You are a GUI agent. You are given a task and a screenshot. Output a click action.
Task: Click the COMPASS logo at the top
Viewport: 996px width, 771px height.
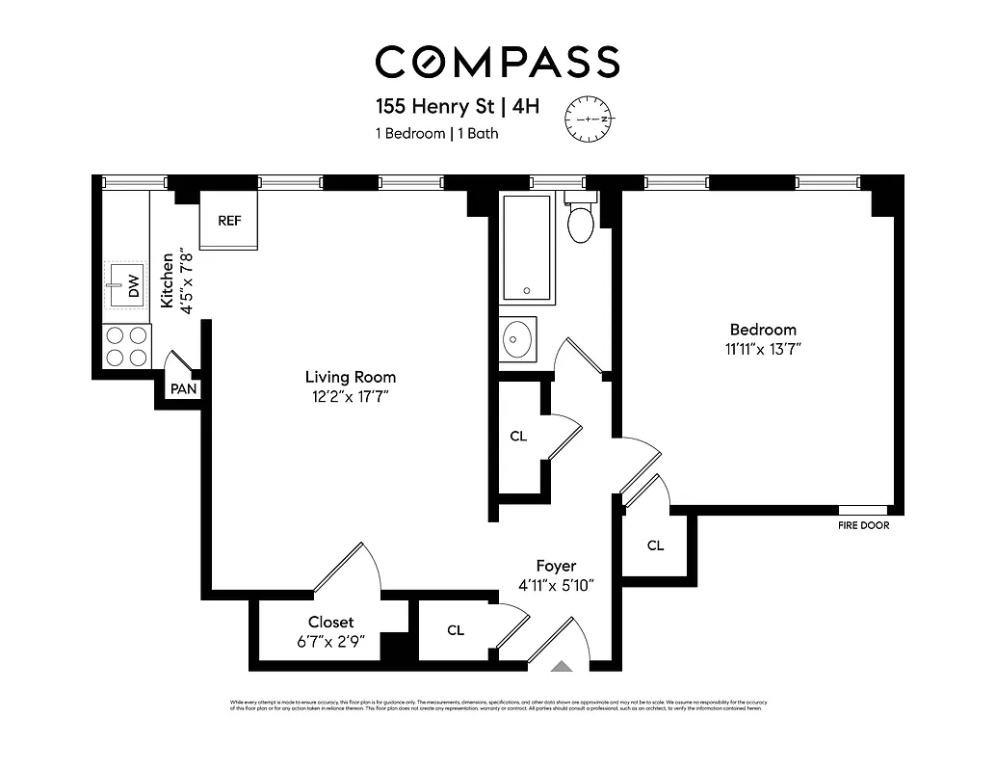coord(497,62)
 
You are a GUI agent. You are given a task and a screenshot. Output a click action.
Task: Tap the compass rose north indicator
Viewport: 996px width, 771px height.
coord(589,119)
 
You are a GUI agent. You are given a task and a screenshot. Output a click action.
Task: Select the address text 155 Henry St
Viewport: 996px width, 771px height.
coord(433,106)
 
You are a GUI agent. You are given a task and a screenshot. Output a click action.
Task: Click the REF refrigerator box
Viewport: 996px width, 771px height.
coord(229,221)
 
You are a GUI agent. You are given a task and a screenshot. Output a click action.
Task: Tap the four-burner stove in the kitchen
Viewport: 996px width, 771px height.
coord(127,346)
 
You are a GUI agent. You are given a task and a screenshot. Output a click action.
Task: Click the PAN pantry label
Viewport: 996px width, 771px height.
coord(183,389)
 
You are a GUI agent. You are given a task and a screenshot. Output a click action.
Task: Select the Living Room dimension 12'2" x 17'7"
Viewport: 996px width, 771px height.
coord(351,396)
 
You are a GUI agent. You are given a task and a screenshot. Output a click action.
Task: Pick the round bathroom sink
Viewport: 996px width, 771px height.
coord(518,339)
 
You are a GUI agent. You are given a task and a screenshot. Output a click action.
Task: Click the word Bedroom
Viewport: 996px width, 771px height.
coord(763,330)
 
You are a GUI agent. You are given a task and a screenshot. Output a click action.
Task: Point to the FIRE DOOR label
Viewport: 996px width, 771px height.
coord(863,526)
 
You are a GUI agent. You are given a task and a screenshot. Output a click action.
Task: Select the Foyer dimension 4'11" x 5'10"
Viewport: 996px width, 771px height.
coord(556,585)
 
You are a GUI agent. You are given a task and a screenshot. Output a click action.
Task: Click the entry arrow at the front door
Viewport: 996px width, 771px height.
coord(560,665)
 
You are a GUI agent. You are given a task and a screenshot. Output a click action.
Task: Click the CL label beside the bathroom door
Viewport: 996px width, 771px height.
coord(518,437)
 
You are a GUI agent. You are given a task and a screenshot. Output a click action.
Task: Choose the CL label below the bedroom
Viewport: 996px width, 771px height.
coord(655,545)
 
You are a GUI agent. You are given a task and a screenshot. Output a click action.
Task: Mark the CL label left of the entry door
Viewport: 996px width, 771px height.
coord(456,630)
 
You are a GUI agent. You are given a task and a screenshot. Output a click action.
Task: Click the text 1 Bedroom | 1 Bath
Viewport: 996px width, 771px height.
coord(436,134)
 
